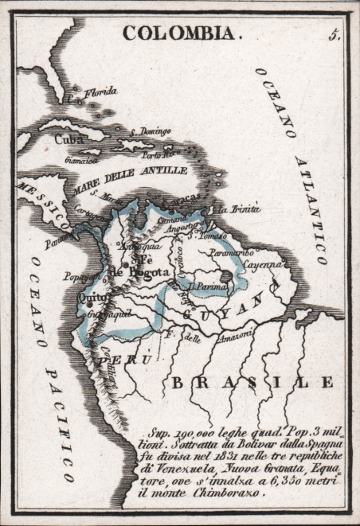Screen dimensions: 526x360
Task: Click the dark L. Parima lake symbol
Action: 226,278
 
